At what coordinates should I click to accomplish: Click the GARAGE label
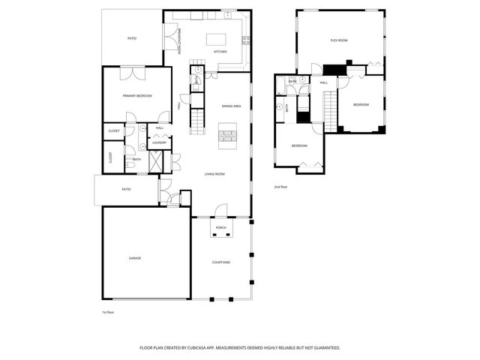tap(134, 258)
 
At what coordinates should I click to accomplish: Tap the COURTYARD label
tap(220, 262)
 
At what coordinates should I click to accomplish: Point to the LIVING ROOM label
tap(215, 174)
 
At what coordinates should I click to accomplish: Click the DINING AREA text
tap(231, 106)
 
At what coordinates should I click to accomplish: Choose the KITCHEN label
tap(220, 52)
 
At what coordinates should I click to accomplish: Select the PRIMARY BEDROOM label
tap(137, 96)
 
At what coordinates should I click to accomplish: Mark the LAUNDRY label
tap(159, 142)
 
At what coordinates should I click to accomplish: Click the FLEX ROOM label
tap(339, 40)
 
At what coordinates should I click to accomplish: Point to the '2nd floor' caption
tap(281, 186)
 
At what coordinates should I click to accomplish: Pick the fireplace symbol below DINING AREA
tap(226, 136)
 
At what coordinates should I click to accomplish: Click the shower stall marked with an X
tap(156, 161)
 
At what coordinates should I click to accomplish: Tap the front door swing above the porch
tap(221, 210)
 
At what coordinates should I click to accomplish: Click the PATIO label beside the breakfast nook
tap(131, 37)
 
